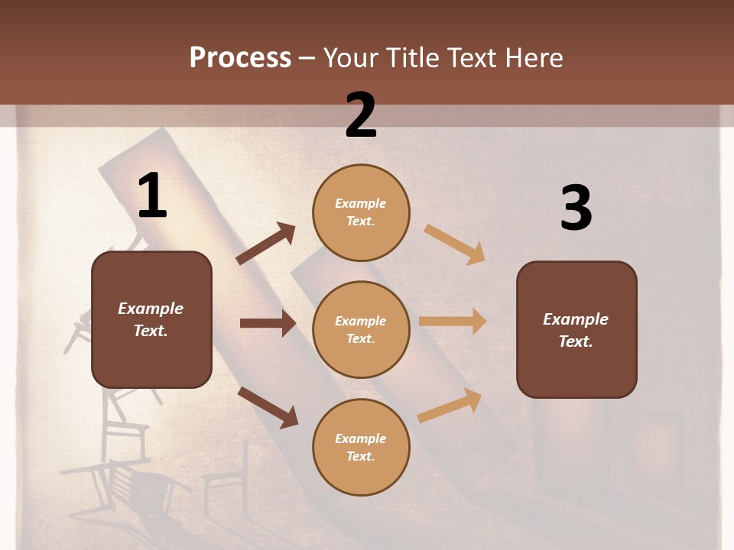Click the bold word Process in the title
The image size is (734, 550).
(240, 58)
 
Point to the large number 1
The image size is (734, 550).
(151, 196)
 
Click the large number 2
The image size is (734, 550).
(361, 115)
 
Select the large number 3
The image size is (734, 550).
(576, 208)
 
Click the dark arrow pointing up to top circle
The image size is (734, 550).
(266, 244)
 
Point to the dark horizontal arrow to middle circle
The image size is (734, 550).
(268, 323)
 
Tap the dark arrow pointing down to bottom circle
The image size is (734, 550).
(268, 406)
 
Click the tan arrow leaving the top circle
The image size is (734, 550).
(454, 244)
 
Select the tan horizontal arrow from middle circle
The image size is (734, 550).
(453, 322)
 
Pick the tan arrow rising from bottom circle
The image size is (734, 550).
(450, 406)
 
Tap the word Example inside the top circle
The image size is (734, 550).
(361, 203)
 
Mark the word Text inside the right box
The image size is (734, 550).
(576, 341)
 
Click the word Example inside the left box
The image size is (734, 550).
(151, 309)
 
